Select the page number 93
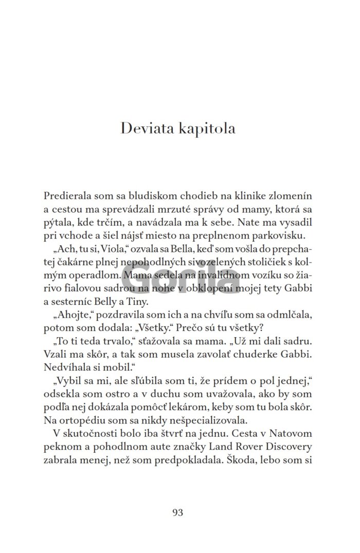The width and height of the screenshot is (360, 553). pyautogui.click(x=178, y=512)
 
